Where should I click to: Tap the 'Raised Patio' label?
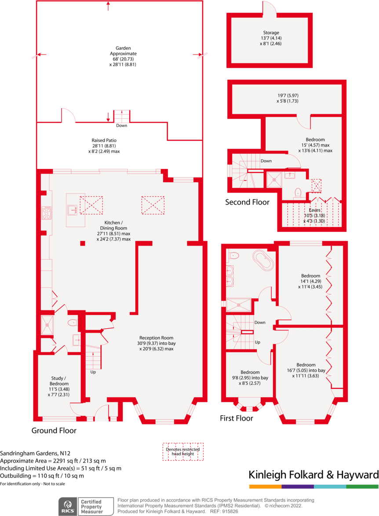tap(104, 140)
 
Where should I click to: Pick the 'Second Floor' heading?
tap(248, 202)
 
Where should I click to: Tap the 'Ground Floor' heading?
tap(54, 430)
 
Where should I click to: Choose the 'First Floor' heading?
tap(237, 418)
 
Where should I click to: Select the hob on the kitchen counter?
tap(47, 213)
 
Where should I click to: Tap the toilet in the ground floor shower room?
tap(72, 322)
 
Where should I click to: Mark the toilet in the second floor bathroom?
tap(298, 192)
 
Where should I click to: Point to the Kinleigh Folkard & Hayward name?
tap(313, 475)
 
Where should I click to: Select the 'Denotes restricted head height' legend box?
tap(183, 452)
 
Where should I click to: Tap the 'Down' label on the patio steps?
tap(122, 125)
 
